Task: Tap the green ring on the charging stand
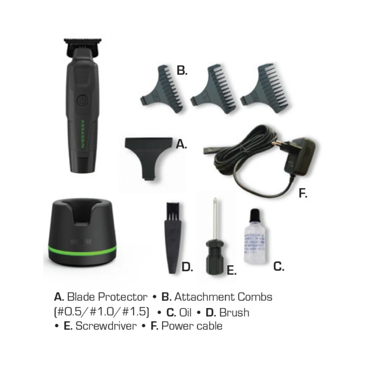(x=82, y=250)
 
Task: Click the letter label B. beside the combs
(x=182, y=70)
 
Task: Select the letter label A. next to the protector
(x=181, y=145)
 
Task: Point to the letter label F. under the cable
(x=302, y=193)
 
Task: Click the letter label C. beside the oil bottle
(x=279, y=267)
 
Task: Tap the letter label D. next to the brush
(x=187, y=267)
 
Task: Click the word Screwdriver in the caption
(x=106, y=326)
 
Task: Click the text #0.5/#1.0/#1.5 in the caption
(x=102, y=312)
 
